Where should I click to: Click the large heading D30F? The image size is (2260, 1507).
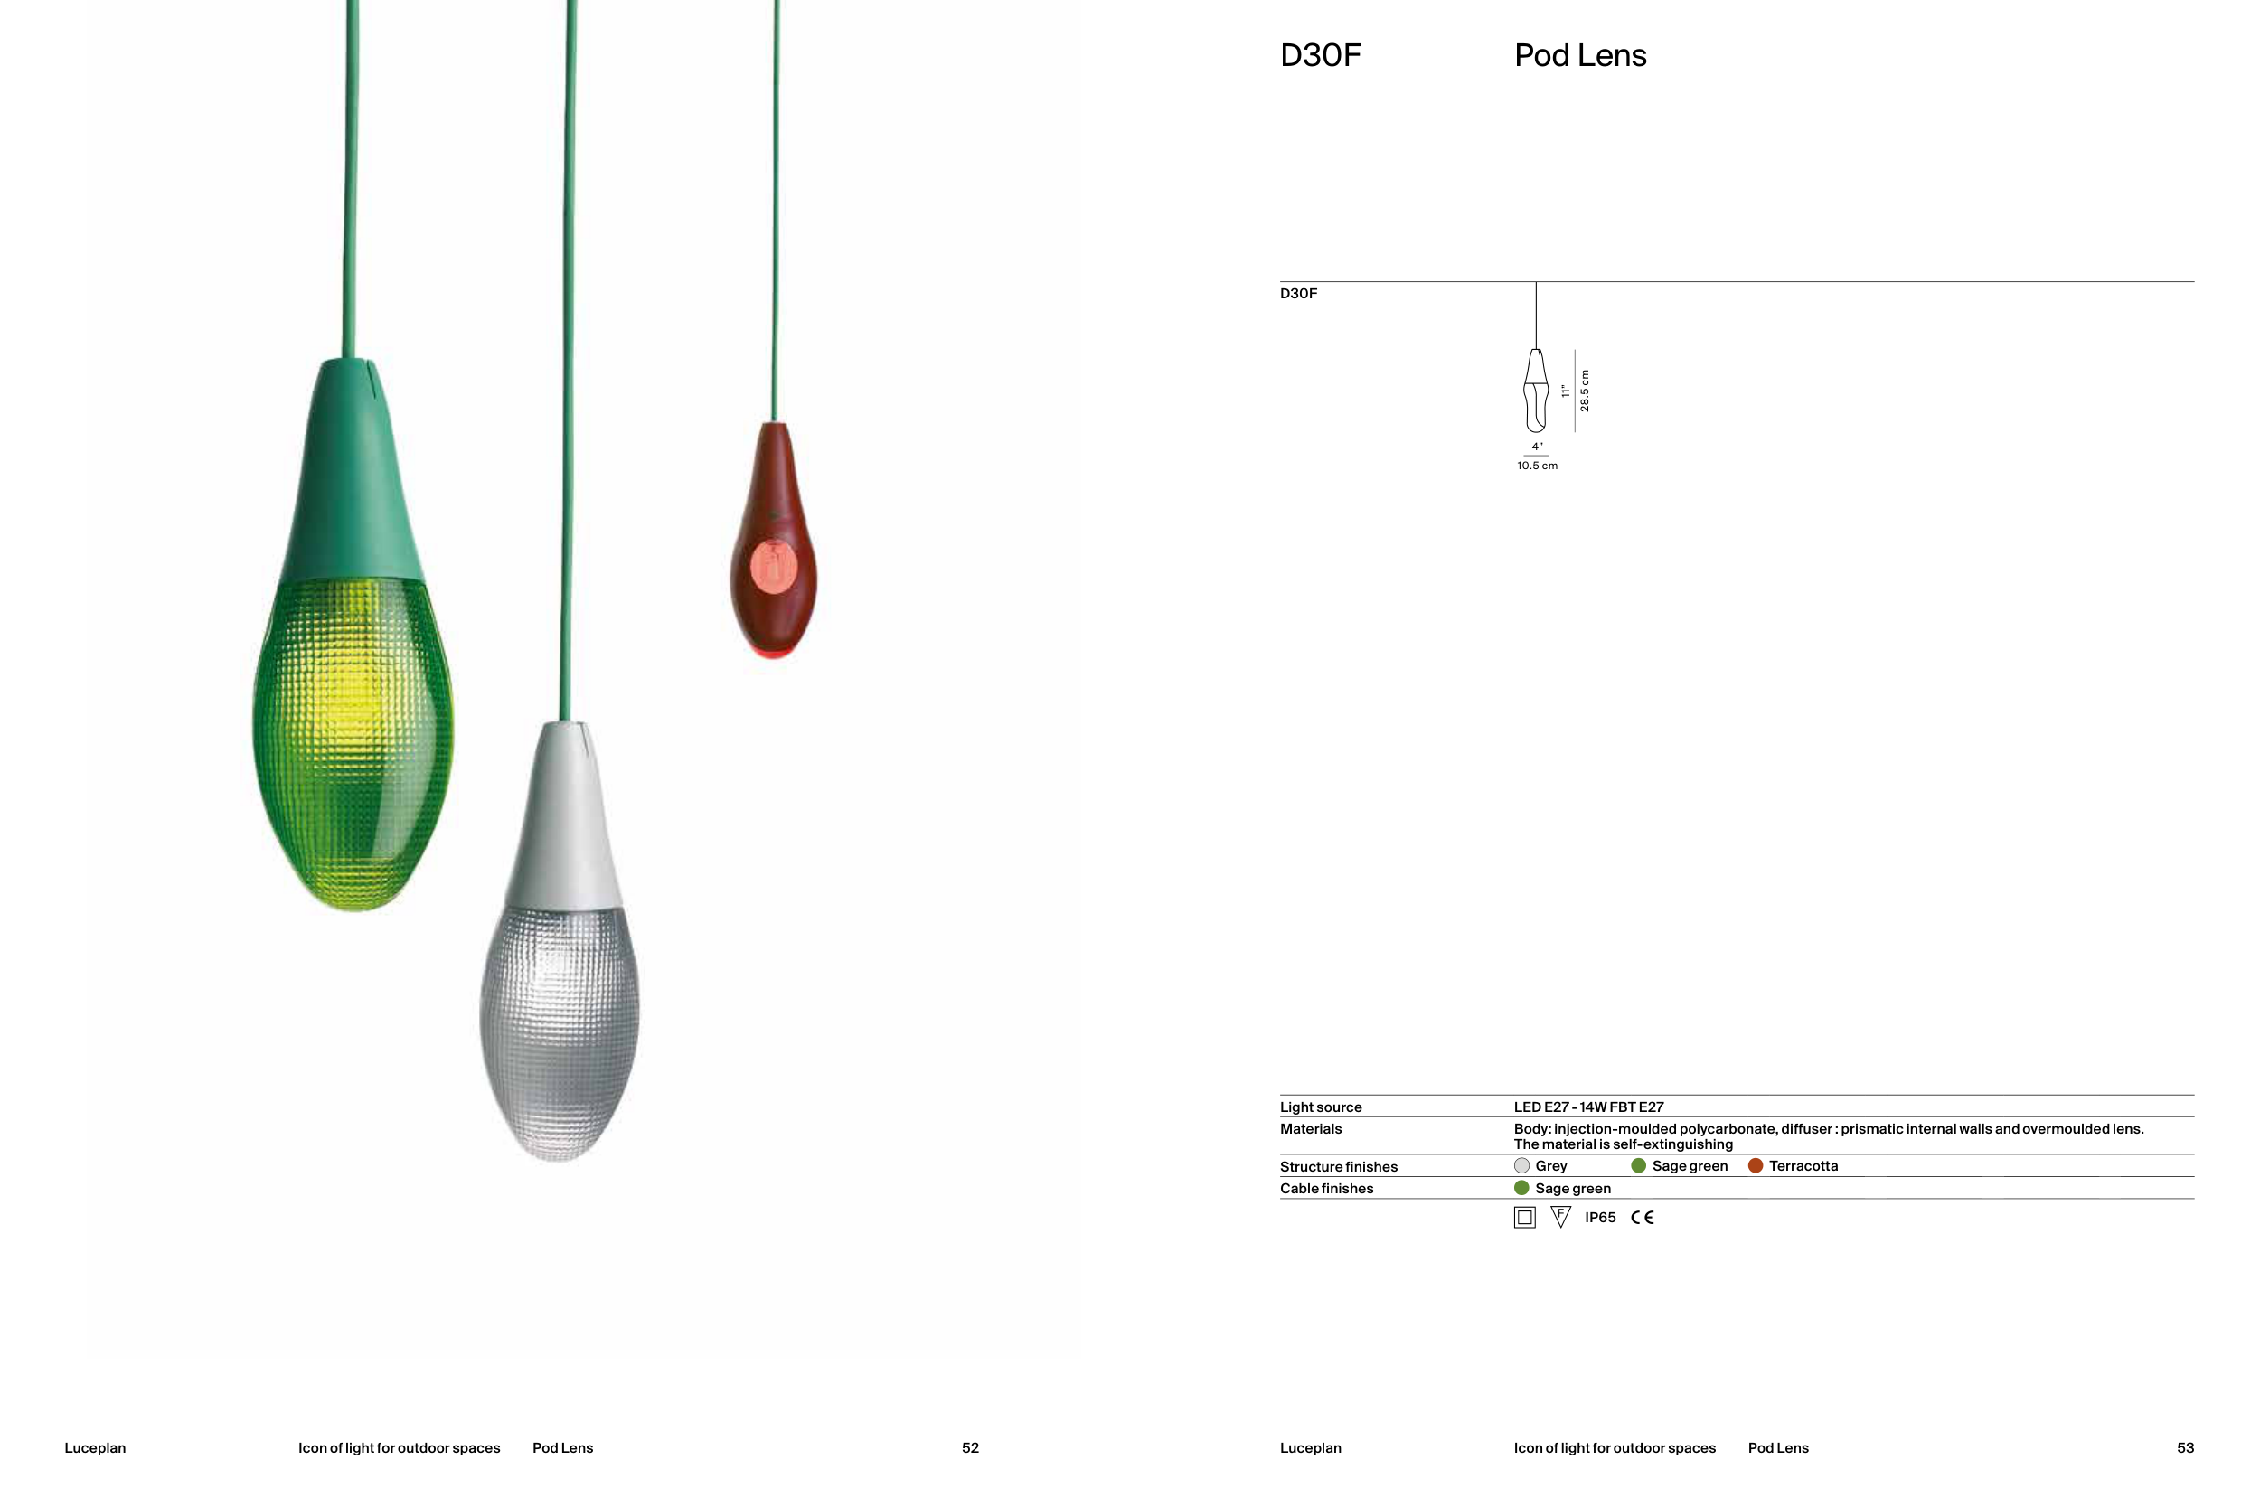(x=1320, y=56)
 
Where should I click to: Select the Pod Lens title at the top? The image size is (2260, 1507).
(x=1579, y=56)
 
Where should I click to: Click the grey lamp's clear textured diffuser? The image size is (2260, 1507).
(x=560, y=1033)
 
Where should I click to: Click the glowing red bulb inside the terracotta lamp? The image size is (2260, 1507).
(x=774, y=566)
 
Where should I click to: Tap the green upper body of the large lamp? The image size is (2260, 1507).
(x=352, y=471)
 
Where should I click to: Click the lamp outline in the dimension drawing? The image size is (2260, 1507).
(x=1537, y=390)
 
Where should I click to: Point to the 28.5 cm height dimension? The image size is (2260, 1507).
(x=1585, y=391)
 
